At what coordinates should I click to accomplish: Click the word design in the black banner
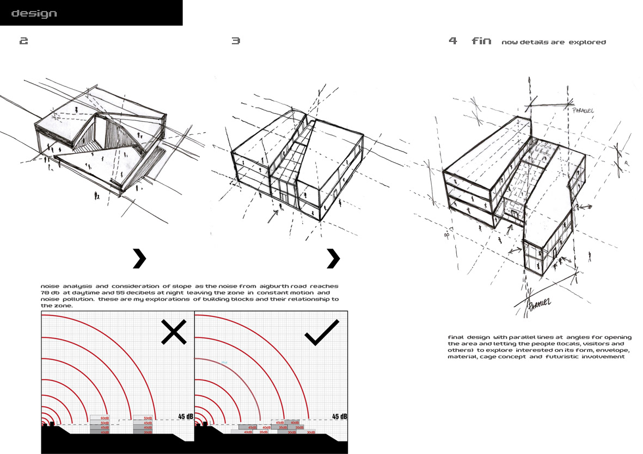coord(34,13)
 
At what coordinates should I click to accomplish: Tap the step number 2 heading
coord(23,41)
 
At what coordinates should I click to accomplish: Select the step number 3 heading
coord(236,41)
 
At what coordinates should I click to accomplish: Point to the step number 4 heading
coord(453,41)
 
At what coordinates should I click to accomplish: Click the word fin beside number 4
coord(481,41)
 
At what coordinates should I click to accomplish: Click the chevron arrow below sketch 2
coord(140,259)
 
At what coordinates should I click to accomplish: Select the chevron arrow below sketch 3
coord(333,259)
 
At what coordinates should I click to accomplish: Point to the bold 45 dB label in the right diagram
coord(339,416)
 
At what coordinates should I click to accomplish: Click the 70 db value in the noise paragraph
coord(49,293)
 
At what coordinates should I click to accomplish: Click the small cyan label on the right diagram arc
coord(224,363)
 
